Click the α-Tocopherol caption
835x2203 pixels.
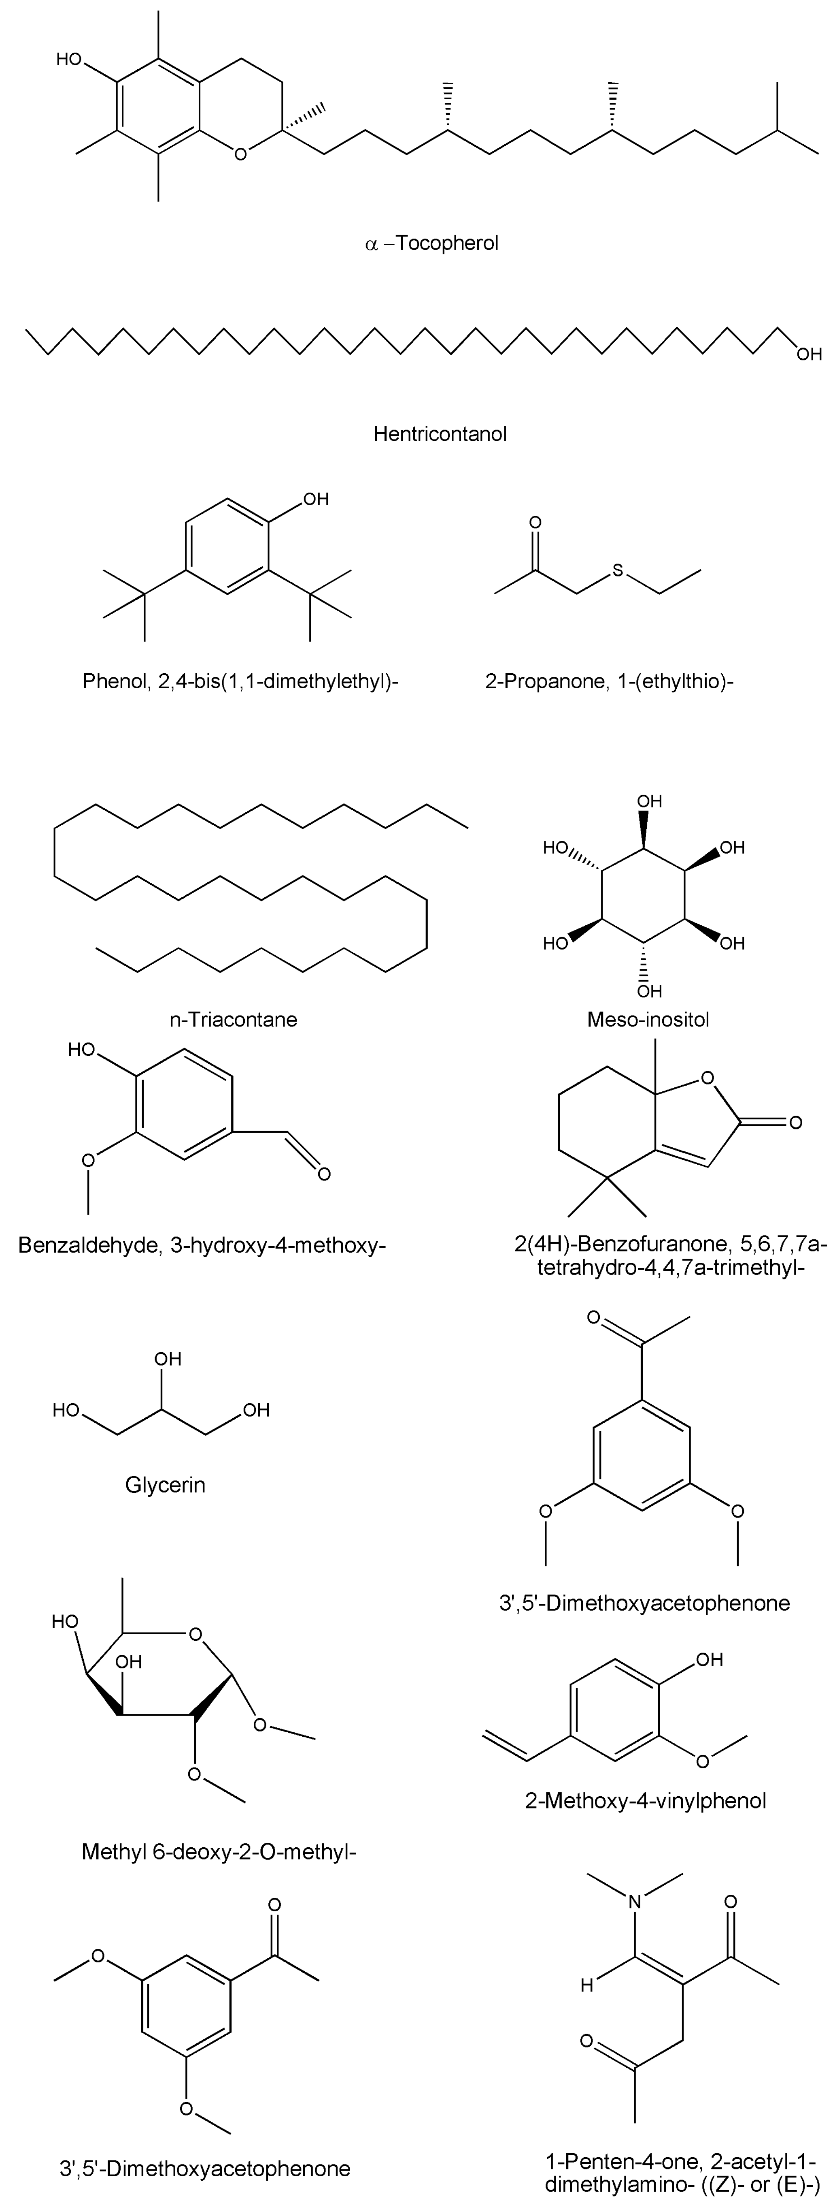coord(431,244)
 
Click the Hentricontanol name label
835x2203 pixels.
coord(440,434)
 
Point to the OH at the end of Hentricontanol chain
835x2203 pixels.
coord(809,353)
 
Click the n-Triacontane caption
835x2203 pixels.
coord(233,1019)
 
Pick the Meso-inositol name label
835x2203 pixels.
coord(648,1019)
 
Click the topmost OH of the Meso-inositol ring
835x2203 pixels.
coord(650,801)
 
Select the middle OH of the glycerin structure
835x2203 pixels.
coord(168,1359)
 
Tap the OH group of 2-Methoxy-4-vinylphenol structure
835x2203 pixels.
coord(710,1660)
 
